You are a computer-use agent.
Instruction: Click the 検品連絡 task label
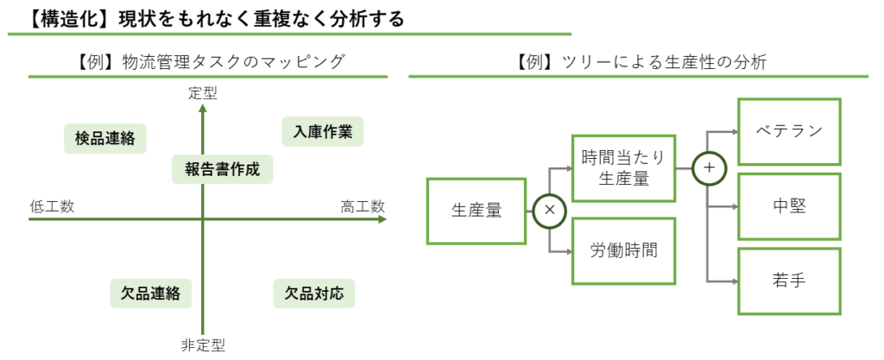(104, 138)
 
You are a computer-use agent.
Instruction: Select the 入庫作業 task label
(323, 131)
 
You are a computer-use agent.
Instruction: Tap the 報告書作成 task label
(222, 168)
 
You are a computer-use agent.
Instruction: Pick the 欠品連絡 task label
(150, 294)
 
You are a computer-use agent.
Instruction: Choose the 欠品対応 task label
(314, 293)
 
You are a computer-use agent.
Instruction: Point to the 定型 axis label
(203, 93)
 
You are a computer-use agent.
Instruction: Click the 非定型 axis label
(203, 345)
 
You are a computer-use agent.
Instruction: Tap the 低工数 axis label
(52, 206)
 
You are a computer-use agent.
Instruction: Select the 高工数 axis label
(362, 206)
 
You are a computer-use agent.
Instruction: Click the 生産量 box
(476, 210)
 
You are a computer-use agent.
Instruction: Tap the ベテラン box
(788, 131)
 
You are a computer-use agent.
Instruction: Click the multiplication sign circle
(549, 210)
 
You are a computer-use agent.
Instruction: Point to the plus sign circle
(709, 168)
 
